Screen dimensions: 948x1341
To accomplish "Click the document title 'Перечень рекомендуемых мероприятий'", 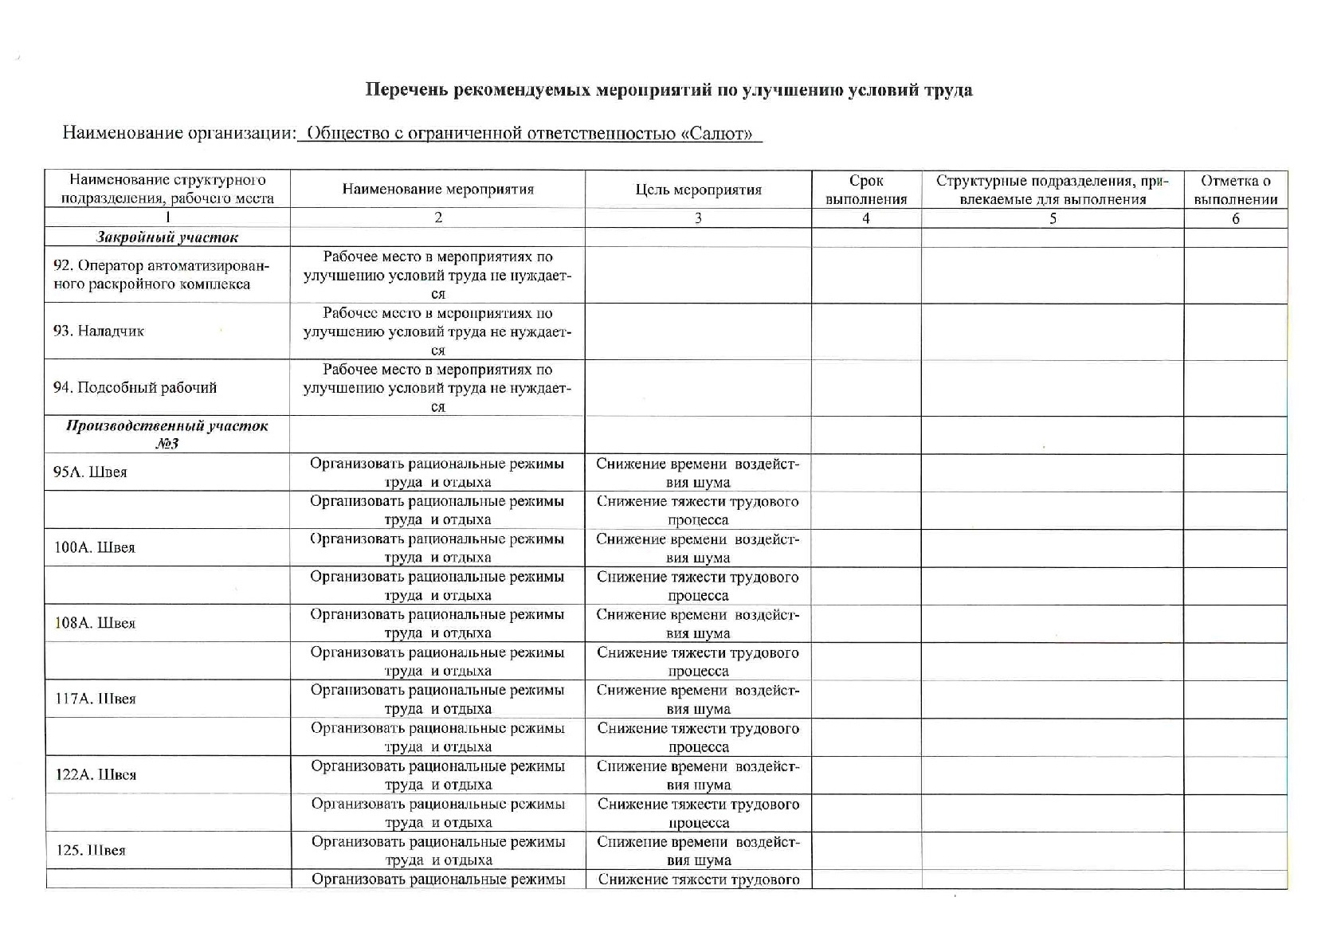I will (669, 89).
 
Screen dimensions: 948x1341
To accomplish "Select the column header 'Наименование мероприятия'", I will (437, 190).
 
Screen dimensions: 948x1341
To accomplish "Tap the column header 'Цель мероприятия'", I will (698, 190).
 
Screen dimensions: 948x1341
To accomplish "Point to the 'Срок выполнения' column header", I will (866, 190).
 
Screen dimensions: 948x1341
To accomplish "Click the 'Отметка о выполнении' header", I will (1235, 190).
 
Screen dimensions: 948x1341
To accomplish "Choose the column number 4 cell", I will (866, 218).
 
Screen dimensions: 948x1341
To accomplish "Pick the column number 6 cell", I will (1235, 218).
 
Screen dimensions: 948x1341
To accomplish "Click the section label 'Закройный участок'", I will (167, 237).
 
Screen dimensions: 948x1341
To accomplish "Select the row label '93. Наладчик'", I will (99, 331).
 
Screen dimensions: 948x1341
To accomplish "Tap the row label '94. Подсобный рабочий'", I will (135, 388).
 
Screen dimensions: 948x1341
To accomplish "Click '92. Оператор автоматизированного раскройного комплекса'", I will (162, 275).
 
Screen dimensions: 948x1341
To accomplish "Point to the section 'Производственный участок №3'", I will (167, 434).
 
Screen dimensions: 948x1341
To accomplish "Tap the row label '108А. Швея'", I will (95, 623).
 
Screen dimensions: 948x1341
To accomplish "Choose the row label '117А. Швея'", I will (95, 699).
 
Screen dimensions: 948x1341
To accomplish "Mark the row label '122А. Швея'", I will (96, 774).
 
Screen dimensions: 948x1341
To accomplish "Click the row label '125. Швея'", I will (91, 850).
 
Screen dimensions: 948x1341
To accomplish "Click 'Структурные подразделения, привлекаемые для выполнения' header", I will (1052, 190).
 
